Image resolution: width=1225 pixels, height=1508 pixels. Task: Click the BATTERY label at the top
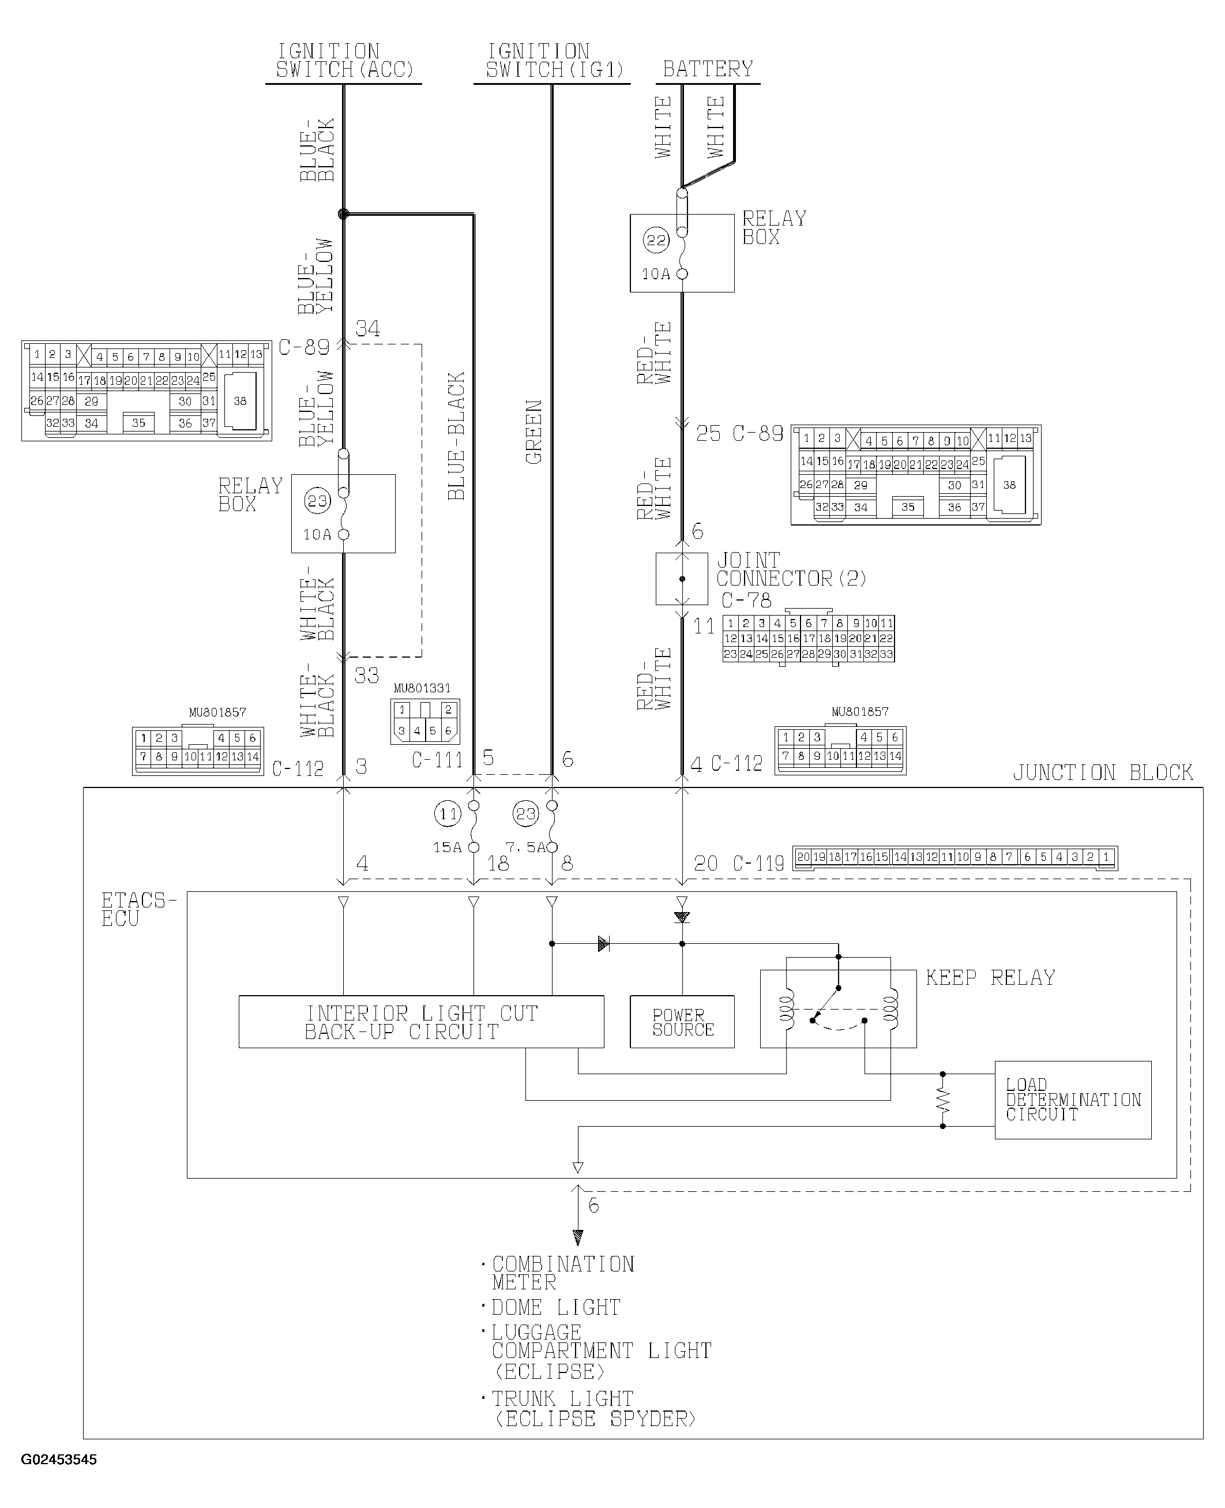[x=708, y=69]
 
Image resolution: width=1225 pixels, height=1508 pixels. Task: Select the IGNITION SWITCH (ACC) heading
[x=344, y=61]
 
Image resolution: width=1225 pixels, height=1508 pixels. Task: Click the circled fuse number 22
[x=656, y=240]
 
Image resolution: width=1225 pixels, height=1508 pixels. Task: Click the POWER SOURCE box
[x=682, y=1022]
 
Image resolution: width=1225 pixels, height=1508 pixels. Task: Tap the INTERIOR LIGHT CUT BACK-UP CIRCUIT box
[x=421, y=1022]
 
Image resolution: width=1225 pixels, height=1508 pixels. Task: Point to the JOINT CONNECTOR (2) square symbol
[x=682, y=579]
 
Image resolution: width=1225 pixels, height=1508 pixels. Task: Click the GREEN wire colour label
[x=534, y=432]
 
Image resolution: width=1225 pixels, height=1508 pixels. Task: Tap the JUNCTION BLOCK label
[x=1102, y=772]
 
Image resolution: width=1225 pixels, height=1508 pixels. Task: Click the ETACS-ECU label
[x=138, y=910]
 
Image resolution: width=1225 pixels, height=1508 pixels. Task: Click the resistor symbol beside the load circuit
[x=943, y=1100]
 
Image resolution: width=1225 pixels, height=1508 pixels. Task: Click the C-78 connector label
[x=746, y=601]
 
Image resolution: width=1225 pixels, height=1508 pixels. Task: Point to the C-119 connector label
[x=758, y=864]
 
